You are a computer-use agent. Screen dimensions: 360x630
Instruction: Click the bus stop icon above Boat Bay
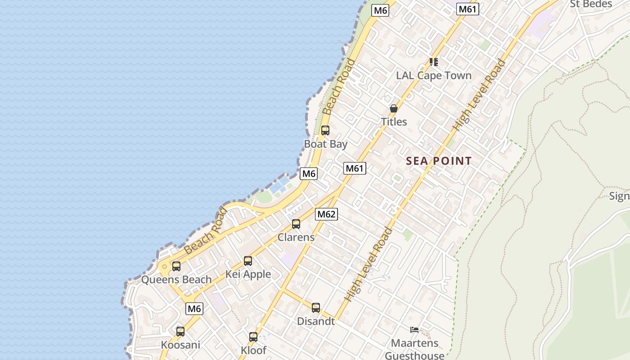click(325, 130)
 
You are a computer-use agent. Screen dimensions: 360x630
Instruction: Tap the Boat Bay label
click(326, 144)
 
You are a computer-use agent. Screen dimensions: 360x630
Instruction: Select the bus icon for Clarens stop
click(296, 224)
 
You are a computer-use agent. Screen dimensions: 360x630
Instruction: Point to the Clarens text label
click(296, 237)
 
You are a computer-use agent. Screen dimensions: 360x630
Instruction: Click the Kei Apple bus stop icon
click(248, 261)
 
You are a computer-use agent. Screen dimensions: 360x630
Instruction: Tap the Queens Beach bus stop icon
click(176, 266)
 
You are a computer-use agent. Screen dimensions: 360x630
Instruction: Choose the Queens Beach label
click(176, 279)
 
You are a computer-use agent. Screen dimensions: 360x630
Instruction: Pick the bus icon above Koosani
click(180, 332)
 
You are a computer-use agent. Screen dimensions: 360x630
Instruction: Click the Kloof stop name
click(253, 350)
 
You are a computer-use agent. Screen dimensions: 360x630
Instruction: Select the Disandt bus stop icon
click(316, 308)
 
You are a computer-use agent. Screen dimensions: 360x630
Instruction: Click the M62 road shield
click(326, 214)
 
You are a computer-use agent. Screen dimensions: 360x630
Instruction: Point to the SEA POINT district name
click(439, 161)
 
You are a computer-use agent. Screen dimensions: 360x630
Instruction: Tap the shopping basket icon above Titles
click(394, 108)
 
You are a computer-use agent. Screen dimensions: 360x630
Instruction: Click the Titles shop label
click(394, 121)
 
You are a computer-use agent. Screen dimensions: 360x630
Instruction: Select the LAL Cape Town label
click(433, 75)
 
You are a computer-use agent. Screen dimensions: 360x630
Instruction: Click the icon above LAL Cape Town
click(433, 62)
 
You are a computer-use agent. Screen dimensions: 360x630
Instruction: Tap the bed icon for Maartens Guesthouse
click(414, 330)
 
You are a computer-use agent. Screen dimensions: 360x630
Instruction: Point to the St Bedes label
click(591, 4)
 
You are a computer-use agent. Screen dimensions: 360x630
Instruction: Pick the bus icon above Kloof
click(253, 337)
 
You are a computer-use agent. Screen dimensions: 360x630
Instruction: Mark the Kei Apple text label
click(248, 274)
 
